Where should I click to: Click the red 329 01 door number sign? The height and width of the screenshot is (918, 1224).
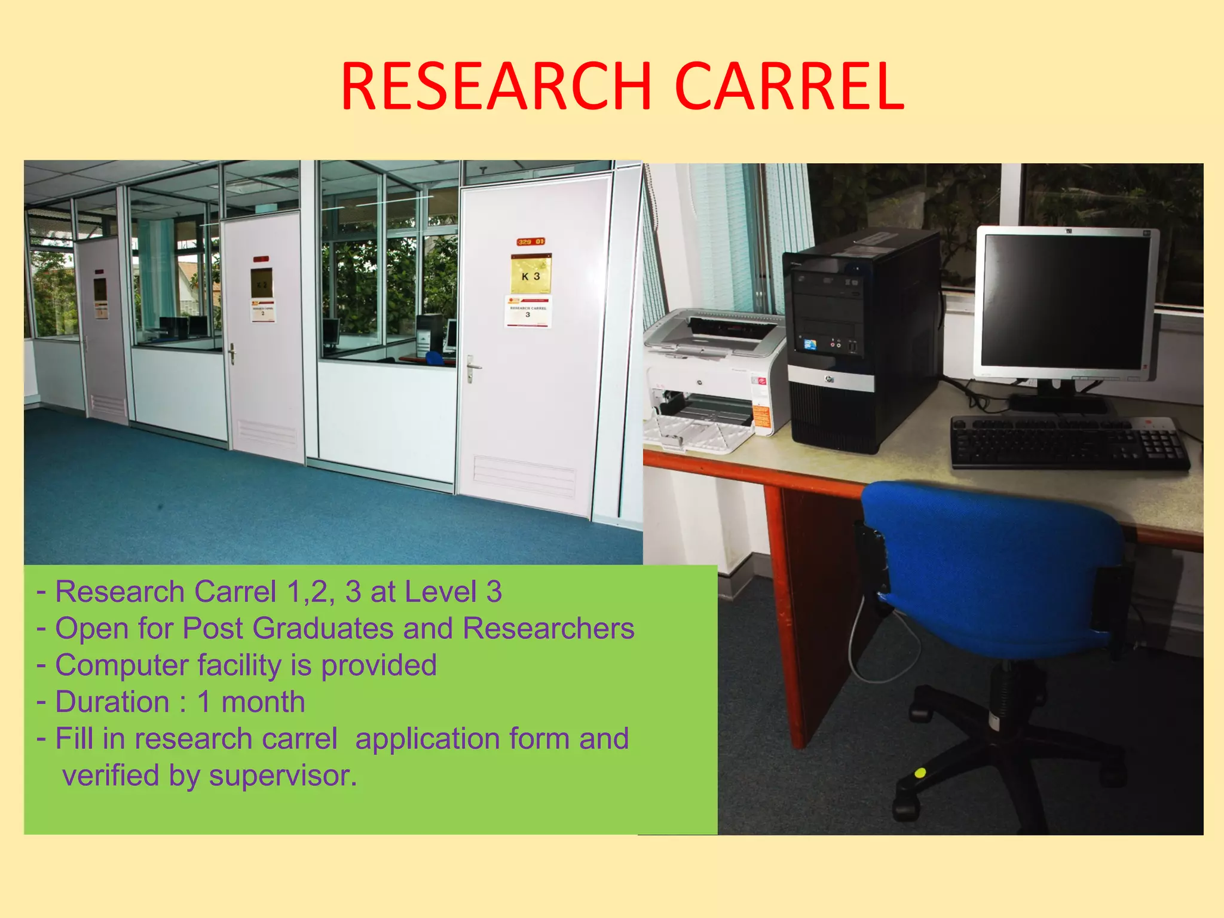[530, 241]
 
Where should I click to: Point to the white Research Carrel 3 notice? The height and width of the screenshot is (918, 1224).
[528, 311]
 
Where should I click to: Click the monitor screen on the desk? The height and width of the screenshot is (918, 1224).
[1066, 301]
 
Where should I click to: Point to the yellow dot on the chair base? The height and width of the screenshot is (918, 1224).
[920, 773]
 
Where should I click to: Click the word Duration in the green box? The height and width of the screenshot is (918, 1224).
[112, 702]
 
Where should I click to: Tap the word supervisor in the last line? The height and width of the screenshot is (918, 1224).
[282, 776]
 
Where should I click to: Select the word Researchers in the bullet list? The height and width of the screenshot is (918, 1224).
[548, 629]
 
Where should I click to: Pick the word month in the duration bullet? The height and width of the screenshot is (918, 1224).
[263, 702]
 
